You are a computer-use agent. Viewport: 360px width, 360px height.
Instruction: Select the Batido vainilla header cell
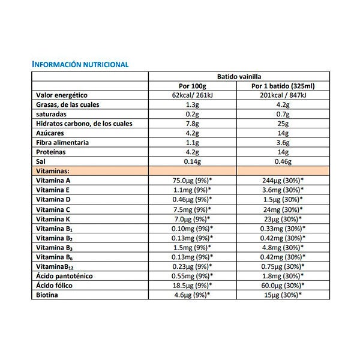click(x=238, y=76)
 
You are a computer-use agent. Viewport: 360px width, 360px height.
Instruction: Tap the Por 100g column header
click(x=193, y=86)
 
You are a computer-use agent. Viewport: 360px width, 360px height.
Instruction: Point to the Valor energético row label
click(x=62, y=95)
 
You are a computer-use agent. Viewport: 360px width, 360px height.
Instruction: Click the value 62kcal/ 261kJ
click(x=193, y=95)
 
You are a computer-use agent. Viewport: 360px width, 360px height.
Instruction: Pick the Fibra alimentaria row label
click(x=63, y=143)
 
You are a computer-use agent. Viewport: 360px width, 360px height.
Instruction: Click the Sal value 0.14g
click(x=193, y=162)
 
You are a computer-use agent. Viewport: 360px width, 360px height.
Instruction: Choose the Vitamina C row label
click(x=54, y=209)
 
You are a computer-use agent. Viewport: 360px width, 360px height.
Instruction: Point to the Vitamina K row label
click(x=54, y=219)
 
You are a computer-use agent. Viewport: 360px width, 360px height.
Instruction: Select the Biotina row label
click(x=48, y=295)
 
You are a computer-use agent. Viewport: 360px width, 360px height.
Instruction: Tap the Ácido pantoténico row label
click(x=64, y=276)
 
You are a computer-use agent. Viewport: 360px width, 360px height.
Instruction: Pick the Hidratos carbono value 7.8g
click(x=193, y=124)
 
